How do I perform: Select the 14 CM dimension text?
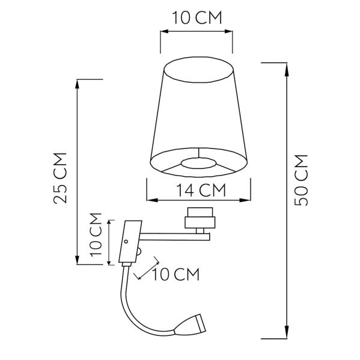(x=198, y=191)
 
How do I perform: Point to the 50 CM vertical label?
(x=302, y=180)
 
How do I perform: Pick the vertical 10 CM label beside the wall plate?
(x=95, y=242)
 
